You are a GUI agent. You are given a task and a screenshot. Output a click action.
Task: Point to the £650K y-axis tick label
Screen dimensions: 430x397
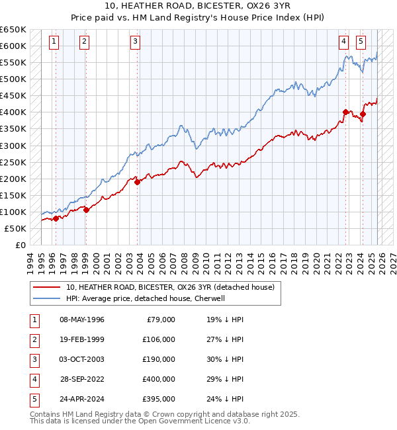pyautogui.click(x=13, y=30)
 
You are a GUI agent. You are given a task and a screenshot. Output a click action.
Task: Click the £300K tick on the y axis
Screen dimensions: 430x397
pyautogui.click(x=13, y=146)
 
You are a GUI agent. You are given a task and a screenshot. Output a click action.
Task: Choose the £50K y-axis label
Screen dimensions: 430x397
pyautogui.click(x=16, y=228)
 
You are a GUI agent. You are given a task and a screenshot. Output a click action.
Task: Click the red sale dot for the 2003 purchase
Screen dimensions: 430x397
pyautogui.click(x=137, y=182)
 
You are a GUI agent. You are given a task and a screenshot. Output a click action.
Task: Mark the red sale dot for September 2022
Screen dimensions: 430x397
pyautogui.click(x=345, y=112)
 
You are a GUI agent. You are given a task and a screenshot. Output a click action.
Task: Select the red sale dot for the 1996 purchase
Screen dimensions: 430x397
pyautogui.click(x=56, y=218)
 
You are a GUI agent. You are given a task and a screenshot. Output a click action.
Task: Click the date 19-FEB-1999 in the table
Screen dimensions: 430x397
pyautogui.click(x=82, y=339)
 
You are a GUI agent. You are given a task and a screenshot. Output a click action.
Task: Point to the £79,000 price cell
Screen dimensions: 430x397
pyautogui.click(x=161, y=320)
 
